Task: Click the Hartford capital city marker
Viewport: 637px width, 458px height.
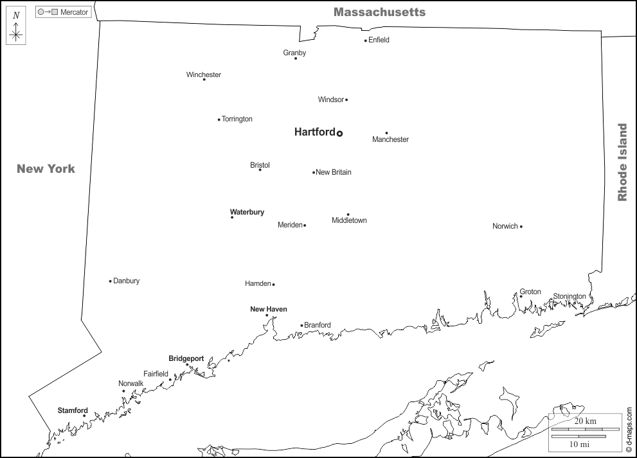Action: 339,133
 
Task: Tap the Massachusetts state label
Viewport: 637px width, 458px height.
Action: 379,12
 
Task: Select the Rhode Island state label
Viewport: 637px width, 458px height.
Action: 622,163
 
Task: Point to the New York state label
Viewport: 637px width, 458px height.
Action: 46,169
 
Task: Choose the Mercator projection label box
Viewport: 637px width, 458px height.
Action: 63,12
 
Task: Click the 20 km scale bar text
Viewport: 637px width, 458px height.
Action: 585,421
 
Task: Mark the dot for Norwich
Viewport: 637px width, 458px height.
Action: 521,226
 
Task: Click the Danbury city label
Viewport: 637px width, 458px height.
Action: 126,281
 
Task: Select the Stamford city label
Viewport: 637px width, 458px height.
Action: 73,410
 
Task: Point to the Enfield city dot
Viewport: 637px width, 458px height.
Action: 365,40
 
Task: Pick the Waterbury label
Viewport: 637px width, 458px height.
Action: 247,212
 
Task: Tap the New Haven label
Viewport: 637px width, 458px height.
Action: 268,309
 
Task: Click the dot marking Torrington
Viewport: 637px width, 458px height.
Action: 219,119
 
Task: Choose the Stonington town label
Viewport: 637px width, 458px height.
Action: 570,296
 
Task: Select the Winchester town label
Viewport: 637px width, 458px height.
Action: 203,75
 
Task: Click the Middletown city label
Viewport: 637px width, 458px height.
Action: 349,220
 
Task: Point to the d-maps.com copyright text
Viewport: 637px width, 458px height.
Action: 629,430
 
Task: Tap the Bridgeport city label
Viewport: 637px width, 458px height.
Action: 186,358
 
